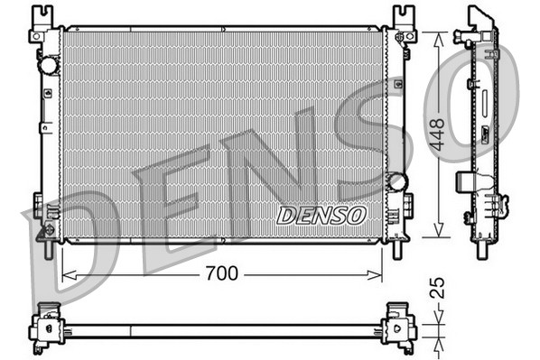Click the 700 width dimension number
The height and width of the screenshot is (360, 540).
(x=221, y=273)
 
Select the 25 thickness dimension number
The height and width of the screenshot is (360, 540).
(x=438, y=289)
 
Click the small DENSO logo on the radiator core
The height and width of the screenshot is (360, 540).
(x=321, y=216)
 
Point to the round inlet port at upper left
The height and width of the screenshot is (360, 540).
(x=47, y=66)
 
